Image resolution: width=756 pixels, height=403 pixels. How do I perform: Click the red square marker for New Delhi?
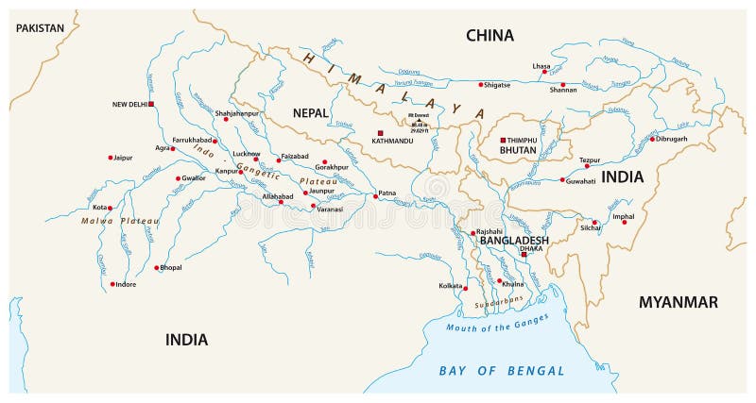(151, 104)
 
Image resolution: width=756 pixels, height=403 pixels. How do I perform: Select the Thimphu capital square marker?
(503, 140)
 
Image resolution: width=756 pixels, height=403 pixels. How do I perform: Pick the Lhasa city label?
(541, 66)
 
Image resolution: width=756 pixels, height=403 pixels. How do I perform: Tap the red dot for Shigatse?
(481, 84)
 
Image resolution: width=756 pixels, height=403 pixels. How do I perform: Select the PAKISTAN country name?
(41, 28)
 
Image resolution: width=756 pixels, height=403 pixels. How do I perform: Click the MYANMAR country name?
(679, 302)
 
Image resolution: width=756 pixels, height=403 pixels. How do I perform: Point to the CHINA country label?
(490, 36)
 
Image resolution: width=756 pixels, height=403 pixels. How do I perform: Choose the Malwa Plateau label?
(119, 221)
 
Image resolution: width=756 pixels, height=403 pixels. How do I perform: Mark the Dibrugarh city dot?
(651, 139)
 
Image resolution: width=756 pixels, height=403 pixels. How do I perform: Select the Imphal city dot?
(623, 222)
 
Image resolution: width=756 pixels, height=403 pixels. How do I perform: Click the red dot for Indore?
(112, 284)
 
